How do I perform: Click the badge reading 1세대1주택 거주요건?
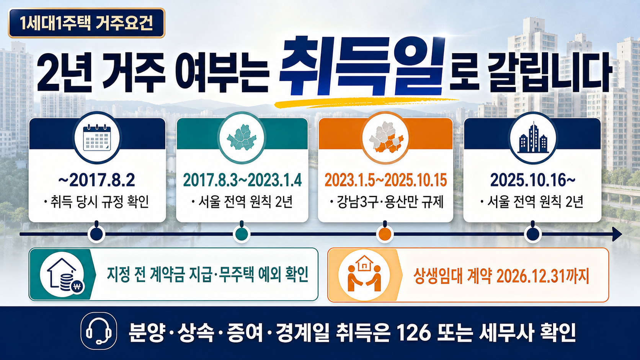[87, 23]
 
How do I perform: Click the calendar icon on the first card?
[97, 138]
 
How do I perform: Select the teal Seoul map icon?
[242, 137]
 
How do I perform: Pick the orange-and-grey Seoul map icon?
[386, 138]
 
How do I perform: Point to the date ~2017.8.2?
[96, 180]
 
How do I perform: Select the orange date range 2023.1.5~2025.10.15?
[386, 180]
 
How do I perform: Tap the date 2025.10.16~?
[533, 180]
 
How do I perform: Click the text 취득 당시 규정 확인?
[100, 202]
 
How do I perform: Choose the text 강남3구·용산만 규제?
[390, 202]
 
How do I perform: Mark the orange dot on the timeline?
[385, 234]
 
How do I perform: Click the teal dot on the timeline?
[242, 234]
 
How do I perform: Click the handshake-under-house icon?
[364, 274]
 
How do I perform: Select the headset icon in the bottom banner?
[99, 331]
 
